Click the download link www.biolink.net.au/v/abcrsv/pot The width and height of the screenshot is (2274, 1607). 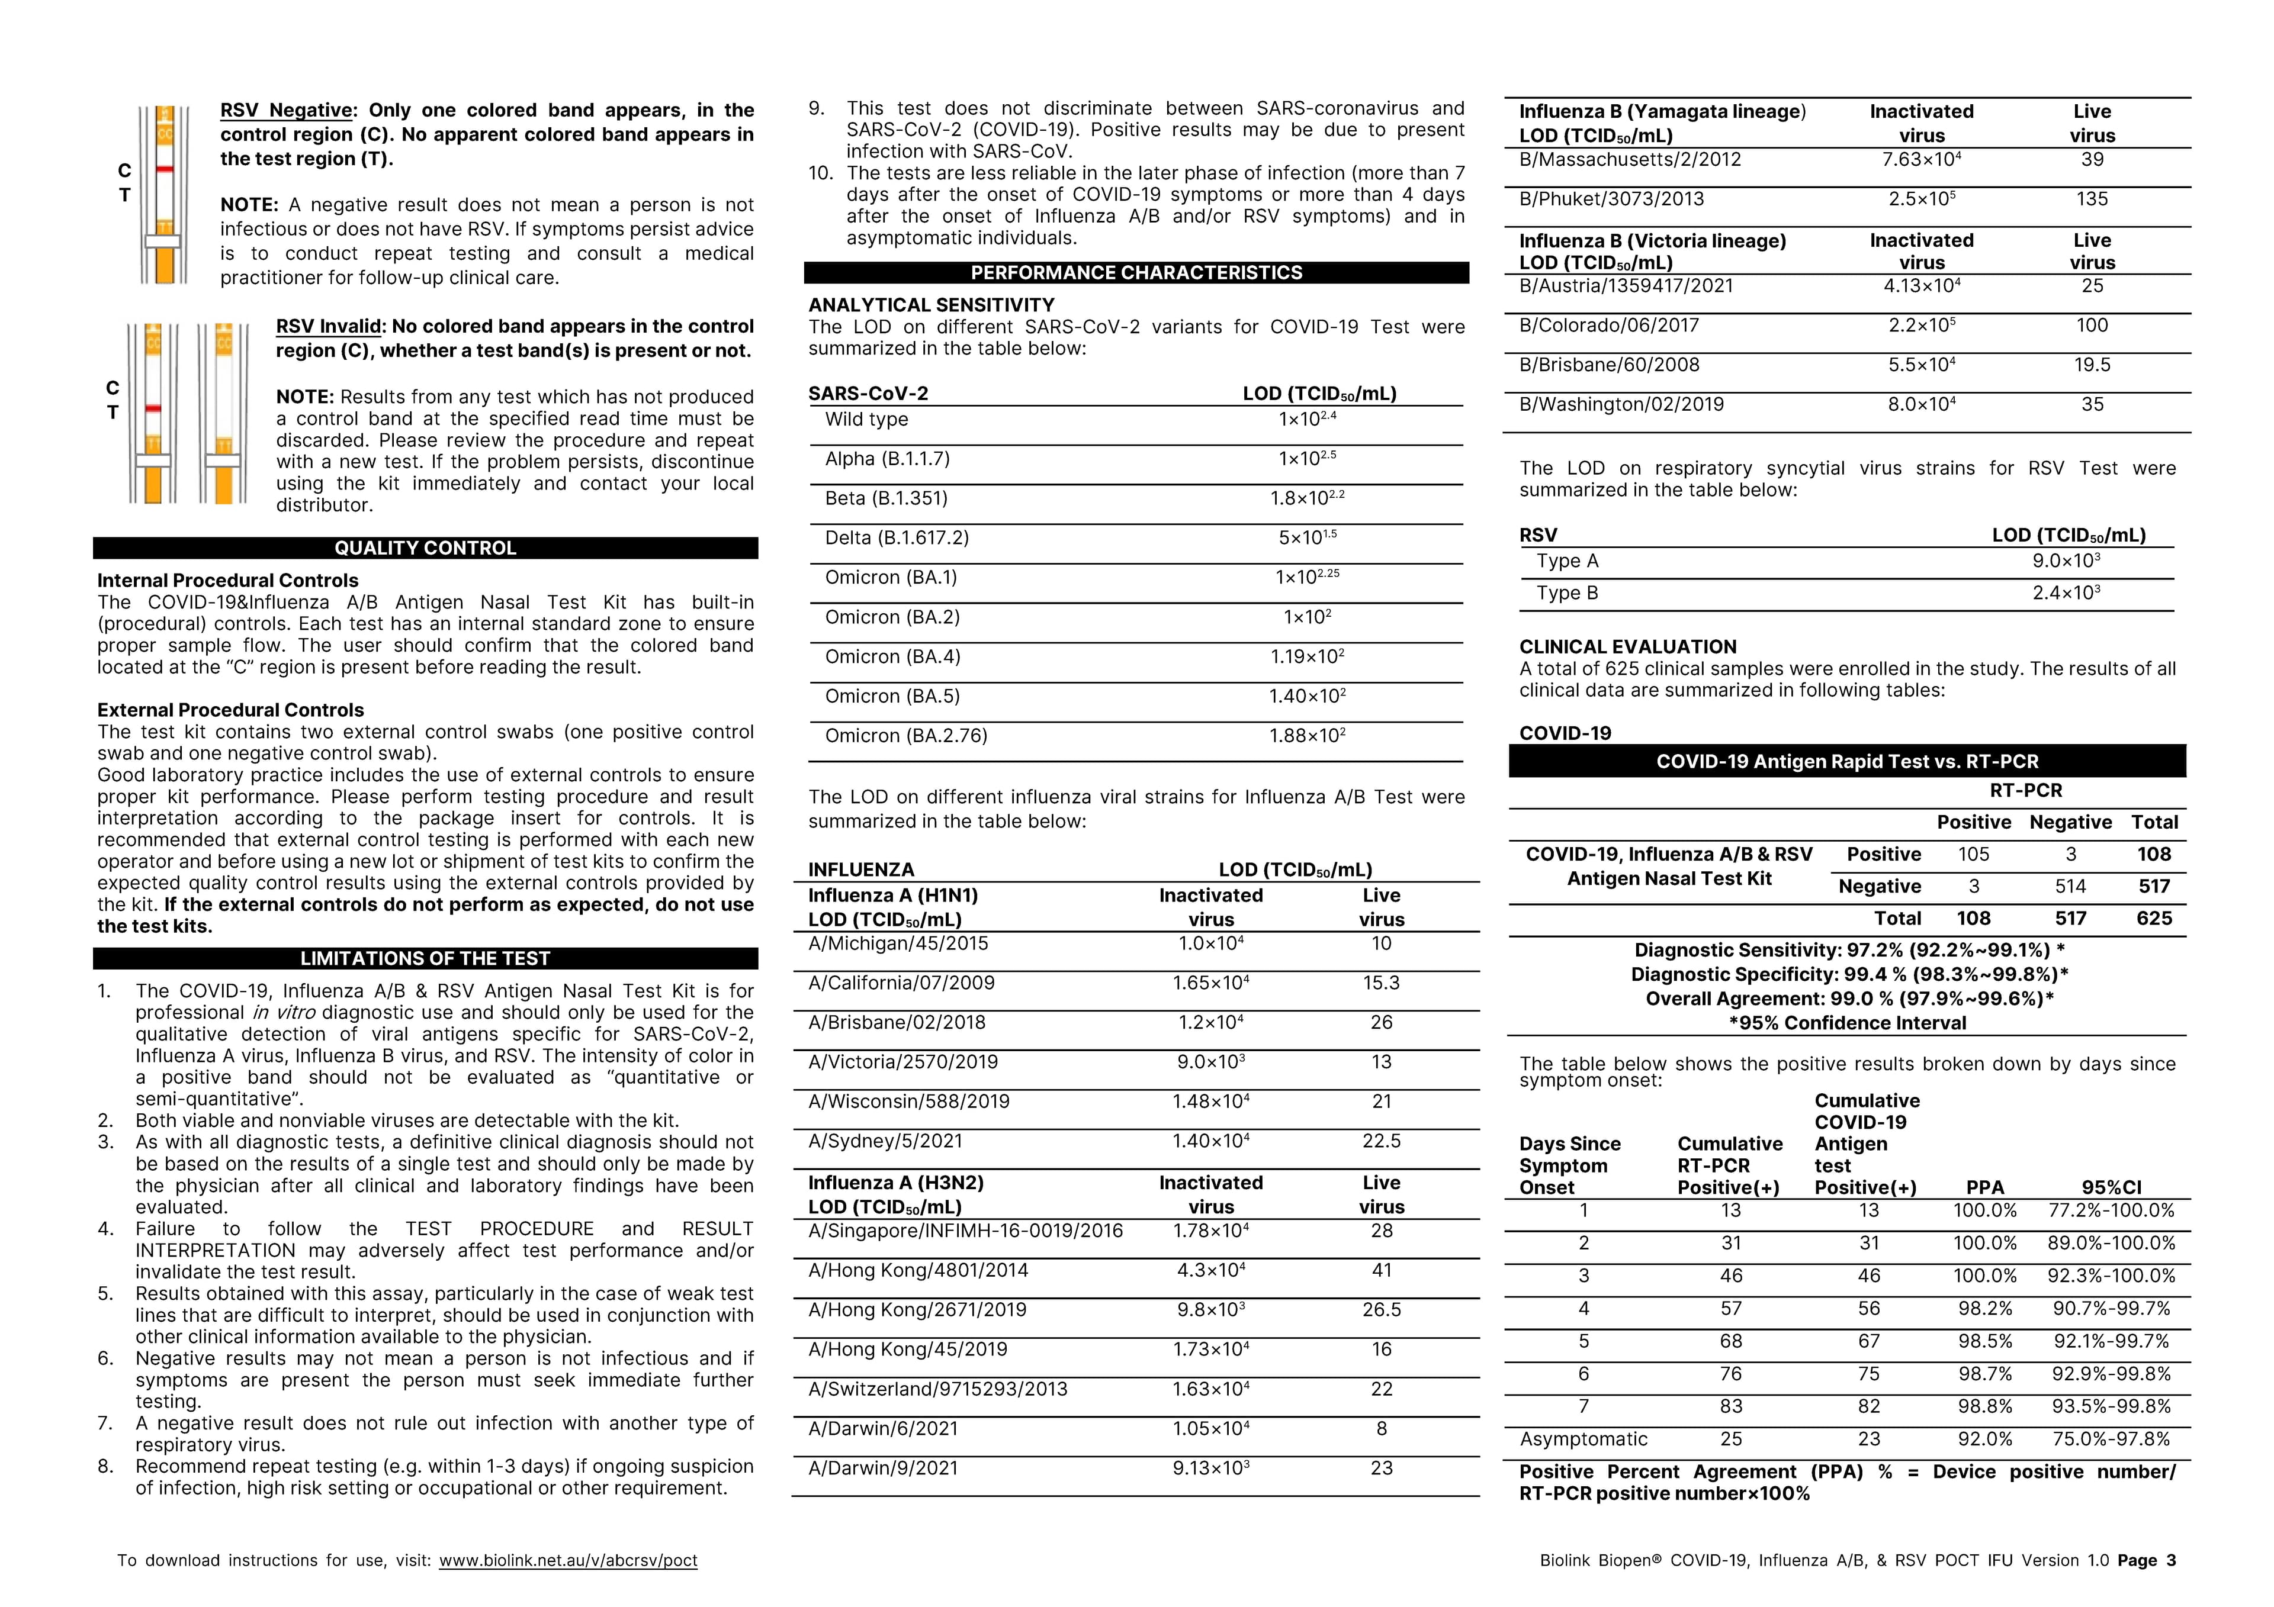(568, 1560)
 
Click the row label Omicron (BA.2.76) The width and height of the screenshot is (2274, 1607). (905, 736)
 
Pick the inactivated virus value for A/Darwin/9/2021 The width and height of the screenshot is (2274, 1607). (1210, 1468)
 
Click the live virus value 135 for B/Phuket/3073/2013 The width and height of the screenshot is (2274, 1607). (2091, 199)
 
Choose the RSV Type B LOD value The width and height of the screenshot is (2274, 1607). (2066, 593)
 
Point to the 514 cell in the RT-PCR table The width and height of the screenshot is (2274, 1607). (2069, 886)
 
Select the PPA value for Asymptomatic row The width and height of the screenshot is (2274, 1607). (1984, 1439)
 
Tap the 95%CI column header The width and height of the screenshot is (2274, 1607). (2111, 1187)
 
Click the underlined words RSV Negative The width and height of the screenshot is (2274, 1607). (286, 111)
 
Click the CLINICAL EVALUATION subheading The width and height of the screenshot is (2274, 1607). (1627, 646)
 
